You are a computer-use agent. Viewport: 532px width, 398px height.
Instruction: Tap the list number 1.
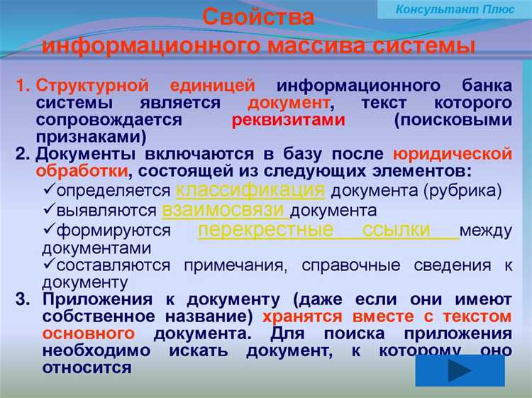point(22,87)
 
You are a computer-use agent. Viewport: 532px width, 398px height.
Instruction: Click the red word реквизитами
point(288,121)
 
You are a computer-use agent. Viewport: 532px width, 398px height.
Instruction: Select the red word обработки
point(85,172)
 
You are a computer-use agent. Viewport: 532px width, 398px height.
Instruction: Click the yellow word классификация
point(250,190)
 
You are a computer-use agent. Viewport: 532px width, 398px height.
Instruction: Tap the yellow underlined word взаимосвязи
point(225,210)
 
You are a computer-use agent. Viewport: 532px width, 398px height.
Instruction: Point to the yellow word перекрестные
point(265,230)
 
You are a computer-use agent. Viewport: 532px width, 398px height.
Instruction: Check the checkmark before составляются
point(48,265)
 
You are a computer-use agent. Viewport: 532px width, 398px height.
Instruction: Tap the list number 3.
point(22,299)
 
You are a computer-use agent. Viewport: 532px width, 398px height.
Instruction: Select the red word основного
point(89,333)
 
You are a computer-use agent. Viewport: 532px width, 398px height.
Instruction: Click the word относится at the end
point(87,367)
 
